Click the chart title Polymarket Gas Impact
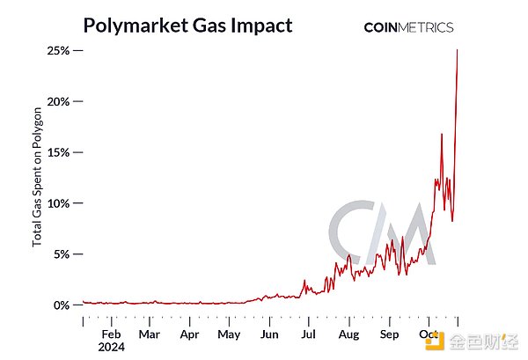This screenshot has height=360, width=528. point(187,26)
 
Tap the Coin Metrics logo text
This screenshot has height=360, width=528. point(408,27)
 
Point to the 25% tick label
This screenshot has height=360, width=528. point(59,51)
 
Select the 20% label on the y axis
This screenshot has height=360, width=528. point(59,102)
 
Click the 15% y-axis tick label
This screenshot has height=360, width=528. point(59,152)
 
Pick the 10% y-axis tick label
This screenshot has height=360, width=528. point(59,203)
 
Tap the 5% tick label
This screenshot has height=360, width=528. point(62,254)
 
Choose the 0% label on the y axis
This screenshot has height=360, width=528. point(62,305)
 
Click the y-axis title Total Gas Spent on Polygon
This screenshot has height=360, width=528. point(38,177)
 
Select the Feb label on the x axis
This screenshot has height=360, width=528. point(111,334)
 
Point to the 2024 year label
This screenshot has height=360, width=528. point(112,347)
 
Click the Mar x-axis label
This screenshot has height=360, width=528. point(149,334)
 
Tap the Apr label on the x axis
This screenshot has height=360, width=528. point(189,334)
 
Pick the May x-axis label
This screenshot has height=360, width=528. point(229,334)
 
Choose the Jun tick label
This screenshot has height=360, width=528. point(269,334)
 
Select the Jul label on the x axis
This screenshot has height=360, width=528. point(309,334)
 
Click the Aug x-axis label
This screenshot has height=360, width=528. point(349,334)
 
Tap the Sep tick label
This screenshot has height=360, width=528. point(389,334)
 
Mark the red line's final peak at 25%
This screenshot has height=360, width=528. point(458,50)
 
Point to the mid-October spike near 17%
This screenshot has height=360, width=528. point(442,134)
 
